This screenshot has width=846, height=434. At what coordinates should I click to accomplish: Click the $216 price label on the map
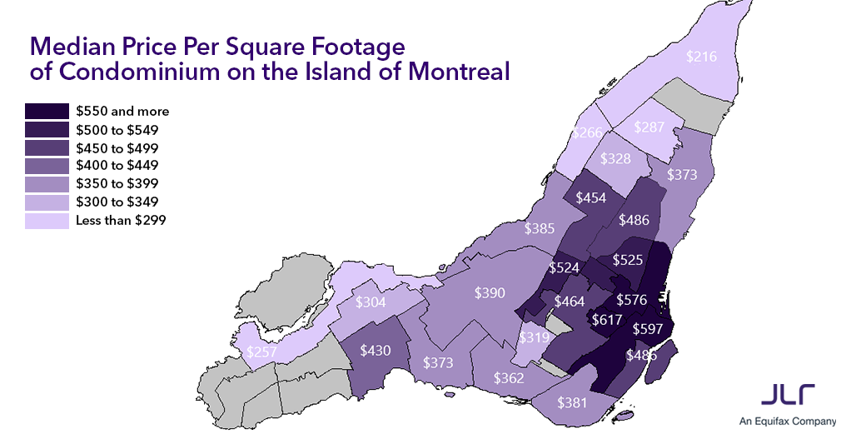pyautogui.click(x=701, y=57)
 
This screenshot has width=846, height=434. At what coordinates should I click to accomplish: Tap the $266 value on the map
pyautogui.click(x=588, y=133)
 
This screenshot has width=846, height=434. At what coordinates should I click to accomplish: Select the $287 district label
pyautogui.click(x=649, y=127)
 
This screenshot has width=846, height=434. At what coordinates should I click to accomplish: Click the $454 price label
pyautogui.click(x=590, y=197)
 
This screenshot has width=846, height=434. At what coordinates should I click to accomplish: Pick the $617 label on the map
pyautogui.click(x=607, y=319)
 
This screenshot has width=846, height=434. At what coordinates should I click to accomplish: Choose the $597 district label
pyautogui.click(x=649, y=328)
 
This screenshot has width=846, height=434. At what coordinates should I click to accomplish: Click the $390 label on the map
pyautogui.click(x=490, y=292)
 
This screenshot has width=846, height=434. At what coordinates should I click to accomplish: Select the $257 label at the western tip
pyautogui.click(x=262, y=352)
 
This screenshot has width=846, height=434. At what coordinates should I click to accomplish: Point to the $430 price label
pyautogui.click(x=376, y=351)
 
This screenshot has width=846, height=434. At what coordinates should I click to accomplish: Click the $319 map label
pyautogui.click(x=534, y=338)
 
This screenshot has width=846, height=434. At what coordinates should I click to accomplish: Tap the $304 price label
pyautogui.click(x=371, y=302)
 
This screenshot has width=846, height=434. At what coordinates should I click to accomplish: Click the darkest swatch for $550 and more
pyautogui.click(x=47, y=111)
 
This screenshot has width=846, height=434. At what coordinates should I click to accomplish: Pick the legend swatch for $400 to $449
pyautogui.click(x=47, y=166)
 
